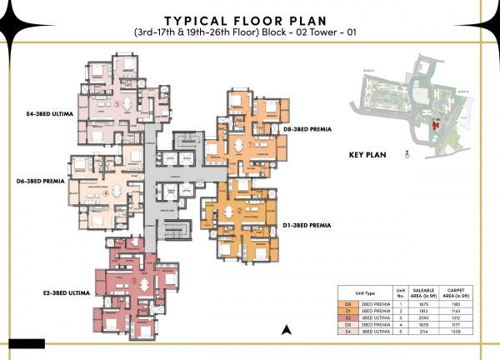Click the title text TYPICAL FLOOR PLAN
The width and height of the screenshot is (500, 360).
pyautogui.click(x=251, y=19)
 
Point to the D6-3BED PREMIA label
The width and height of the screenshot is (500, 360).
pyautogui.click(x=42, y=179)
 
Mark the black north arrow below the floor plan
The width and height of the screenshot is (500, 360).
pyautogui.click(x=286, y=330)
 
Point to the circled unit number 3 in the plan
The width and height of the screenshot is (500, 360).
pyautogui.click(x=133, y=281)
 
